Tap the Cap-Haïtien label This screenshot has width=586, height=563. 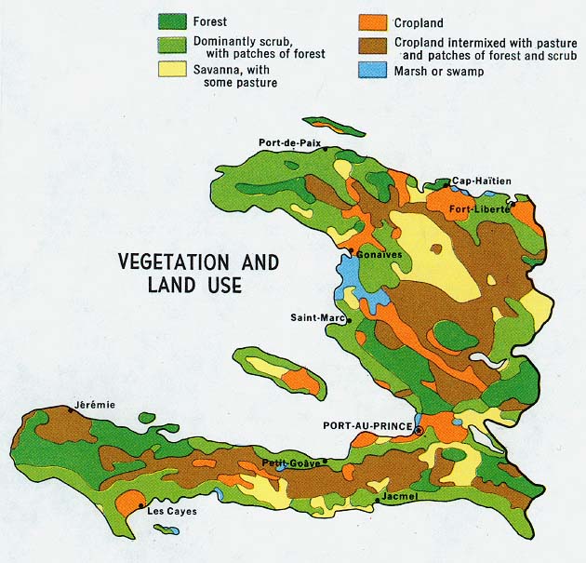482,181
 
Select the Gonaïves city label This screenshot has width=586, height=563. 375,253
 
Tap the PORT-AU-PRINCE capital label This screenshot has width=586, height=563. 367,426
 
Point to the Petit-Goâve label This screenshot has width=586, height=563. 290,462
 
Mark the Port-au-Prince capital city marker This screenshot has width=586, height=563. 419,431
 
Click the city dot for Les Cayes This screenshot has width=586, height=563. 140,507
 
